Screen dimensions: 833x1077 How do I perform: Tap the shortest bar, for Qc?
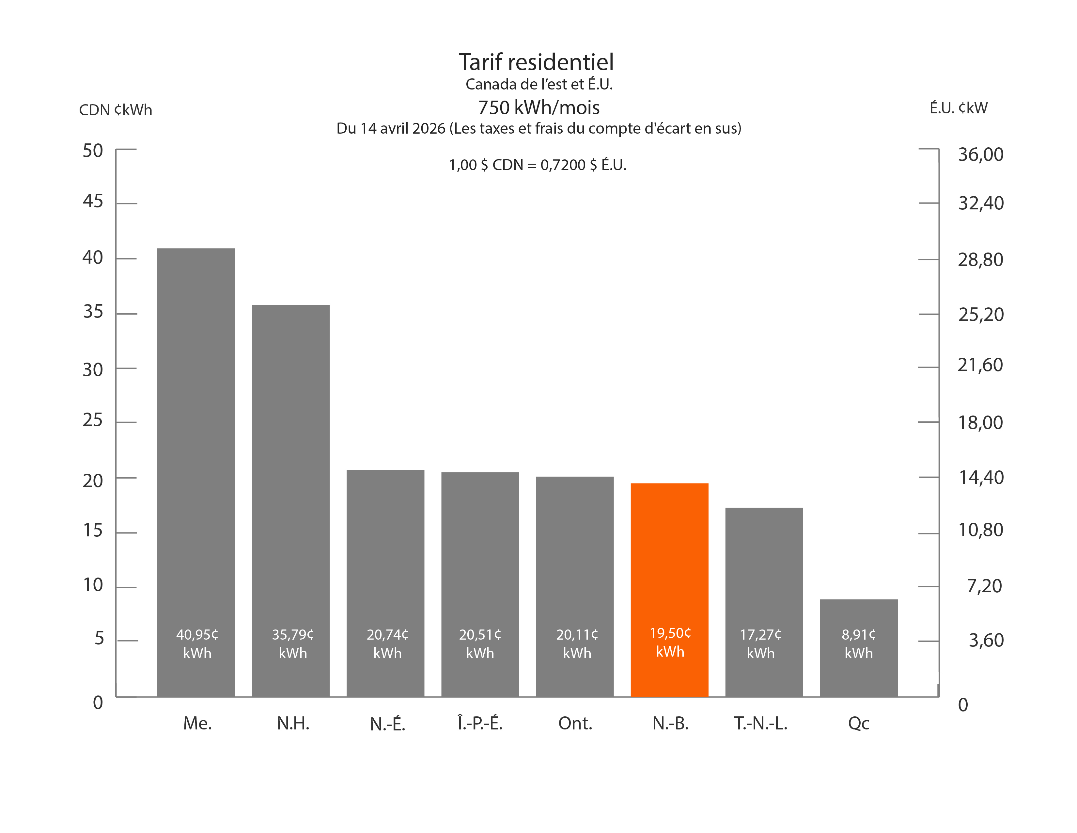point(859,617)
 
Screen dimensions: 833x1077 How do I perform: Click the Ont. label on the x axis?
point(575,724)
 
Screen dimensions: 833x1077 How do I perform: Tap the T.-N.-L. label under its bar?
point(760,724)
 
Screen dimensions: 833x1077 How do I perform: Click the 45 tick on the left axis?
point(93,201)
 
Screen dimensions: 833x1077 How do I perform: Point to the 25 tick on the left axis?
point(93,420)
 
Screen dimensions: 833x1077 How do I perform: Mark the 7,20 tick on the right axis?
point(984,586)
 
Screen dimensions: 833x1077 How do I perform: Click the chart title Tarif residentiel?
point(536,62)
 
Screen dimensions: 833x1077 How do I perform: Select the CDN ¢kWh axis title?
point(116,109)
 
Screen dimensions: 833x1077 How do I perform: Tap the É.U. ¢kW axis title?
point(958,108)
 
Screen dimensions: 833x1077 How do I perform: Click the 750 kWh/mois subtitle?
point(538,107)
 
